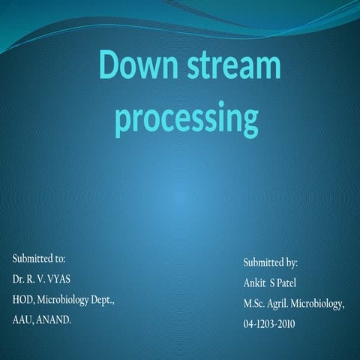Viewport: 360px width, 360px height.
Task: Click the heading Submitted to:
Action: click(x=39, y=259)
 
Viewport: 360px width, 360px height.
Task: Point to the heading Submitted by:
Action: click(x=271, y=263)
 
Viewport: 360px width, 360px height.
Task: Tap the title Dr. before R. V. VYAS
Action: click(x=19, y=279)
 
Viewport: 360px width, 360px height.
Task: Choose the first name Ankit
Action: click(x=256, y=283)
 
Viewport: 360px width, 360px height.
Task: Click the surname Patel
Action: click(x=295, y=283)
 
